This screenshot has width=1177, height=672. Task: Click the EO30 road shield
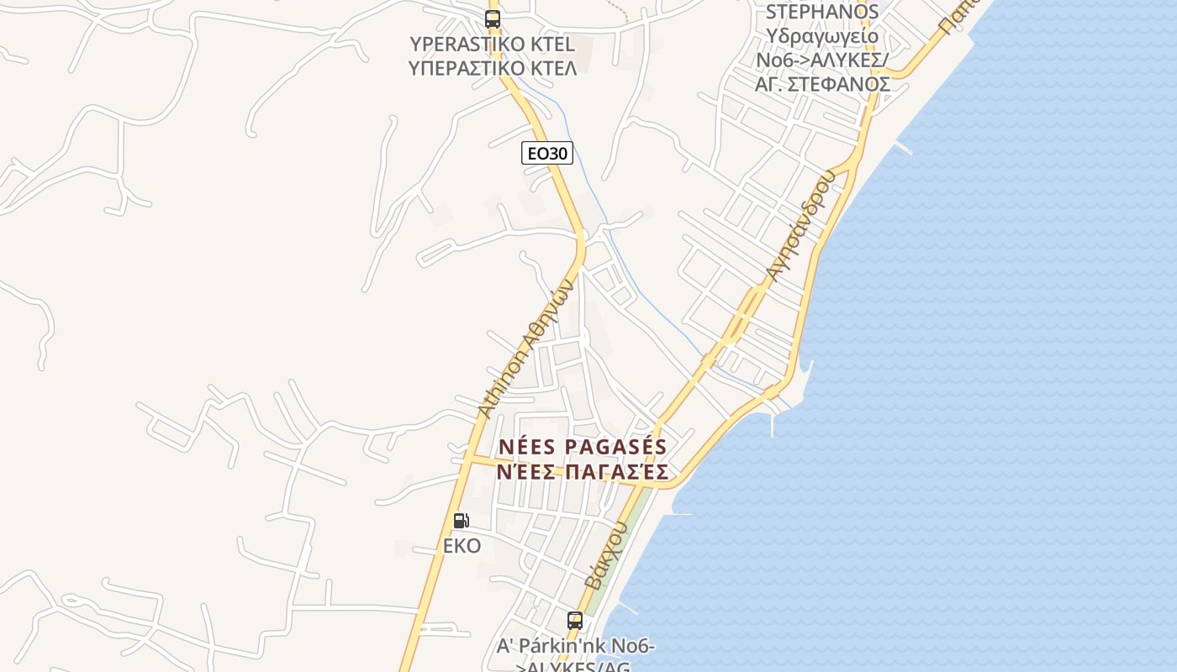coord(547,153)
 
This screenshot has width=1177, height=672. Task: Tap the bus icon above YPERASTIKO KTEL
coord(493,18)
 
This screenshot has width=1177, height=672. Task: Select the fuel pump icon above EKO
coord(461,521)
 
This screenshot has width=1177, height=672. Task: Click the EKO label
coord(462,546)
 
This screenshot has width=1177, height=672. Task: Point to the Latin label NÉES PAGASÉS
coord(583,447)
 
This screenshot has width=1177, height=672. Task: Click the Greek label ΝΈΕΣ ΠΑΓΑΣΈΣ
coord(583,472)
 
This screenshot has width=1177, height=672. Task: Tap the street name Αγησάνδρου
coord(801,225)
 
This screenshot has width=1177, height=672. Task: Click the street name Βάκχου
coord(607,556)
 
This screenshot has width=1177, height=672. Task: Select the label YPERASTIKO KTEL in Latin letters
coord(493,44)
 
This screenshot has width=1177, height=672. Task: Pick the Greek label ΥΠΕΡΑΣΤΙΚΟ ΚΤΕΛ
coord(493,68)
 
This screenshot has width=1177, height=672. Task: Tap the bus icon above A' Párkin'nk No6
coord(575,621)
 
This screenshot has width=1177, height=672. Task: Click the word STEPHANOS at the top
coord(822,13)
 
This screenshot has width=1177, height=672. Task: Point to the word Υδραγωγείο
coord(822,36)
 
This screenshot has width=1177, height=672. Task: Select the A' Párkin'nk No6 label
coord(575,646)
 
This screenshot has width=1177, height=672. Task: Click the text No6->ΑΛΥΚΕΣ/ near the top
coord(822,60)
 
